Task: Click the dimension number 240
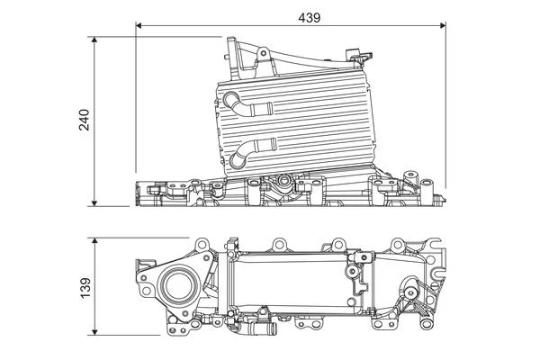point(84,121)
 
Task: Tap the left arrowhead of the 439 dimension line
point(140,27)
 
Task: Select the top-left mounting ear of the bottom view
point(203,245)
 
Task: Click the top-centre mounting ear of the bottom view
point(280,244)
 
